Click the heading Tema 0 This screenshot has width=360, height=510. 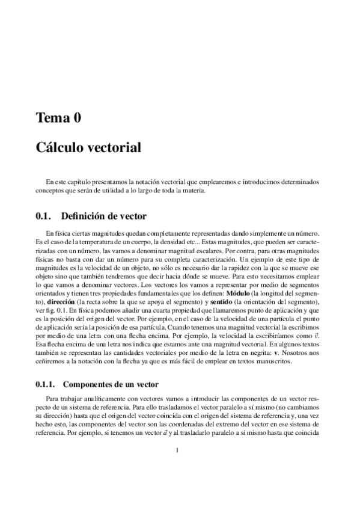click(x=58, y=118)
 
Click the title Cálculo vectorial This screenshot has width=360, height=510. click(x=88, y=147)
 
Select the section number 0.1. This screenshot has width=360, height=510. click(x=43, y=216)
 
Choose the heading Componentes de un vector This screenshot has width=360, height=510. click(x=110, y=383)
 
